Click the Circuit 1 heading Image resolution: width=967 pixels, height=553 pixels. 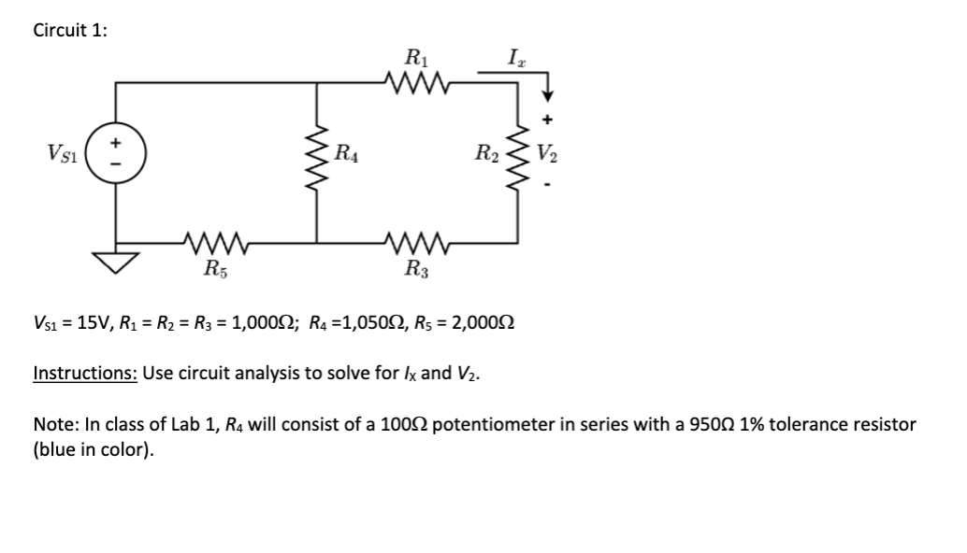coord(69,30)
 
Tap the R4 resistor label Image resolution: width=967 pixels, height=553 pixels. coord(348,149)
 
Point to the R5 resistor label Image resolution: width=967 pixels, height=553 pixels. coord(215,272)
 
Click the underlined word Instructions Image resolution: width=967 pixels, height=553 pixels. coord(85,374)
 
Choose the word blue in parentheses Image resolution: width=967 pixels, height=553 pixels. coord(53,449)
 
